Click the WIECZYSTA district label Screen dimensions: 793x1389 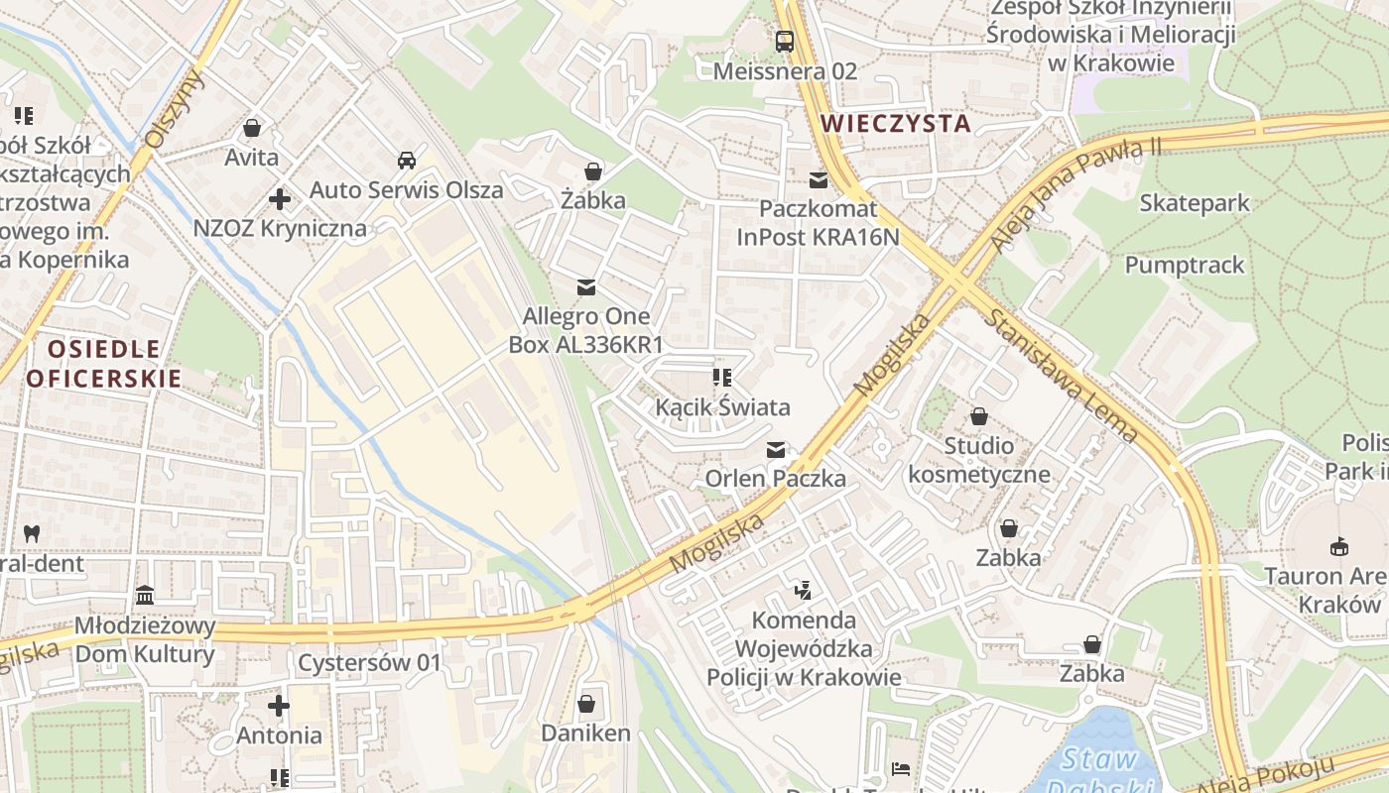[896, 123]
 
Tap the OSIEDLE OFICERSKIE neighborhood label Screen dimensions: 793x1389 [104, 363]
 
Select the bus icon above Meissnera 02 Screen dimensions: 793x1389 [785, 42]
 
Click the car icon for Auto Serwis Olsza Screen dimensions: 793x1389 [406, 160]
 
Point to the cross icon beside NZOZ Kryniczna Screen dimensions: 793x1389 [280, 199]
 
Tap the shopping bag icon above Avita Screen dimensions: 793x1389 [252, 128]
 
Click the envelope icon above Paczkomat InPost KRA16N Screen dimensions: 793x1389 [819, 180]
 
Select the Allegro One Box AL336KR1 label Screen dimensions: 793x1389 [586, 331]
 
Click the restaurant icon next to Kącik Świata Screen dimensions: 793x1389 [722, 378]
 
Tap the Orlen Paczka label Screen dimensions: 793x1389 [775, 479]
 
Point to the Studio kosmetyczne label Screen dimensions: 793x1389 [979, 460]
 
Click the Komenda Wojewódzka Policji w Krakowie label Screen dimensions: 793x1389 [804, 649]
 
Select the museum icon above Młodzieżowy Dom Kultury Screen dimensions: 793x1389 [145, 596]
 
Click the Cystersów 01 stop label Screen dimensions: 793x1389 [368, 662]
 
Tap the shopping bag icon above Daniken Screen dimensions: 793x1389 [586, 704]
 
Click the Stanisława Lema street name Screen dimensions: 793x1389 [1061, 375]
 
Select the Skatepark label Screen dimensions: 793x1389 [1195, 203]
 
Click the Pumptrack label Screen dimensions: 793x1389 [1185, 265]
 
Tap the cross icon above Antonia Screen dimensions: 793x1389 [279, 706]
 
